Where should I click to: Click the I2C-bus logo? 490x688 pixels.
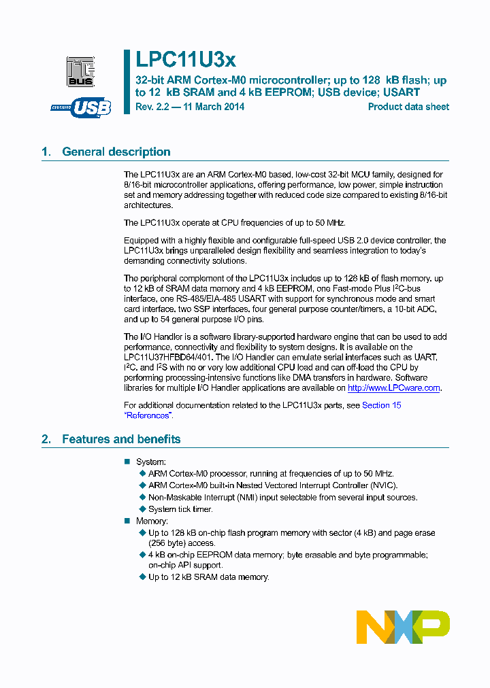pos(80,70)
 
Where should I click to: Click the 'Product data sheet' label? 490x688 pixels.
pos(408,107)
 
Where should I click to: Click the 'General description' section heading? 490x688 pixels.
pos(116,152)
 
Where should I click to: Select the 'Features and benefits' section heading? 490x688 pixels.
pos(121,439)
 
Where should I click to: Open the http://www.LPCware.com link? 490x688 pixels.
pos(394,388)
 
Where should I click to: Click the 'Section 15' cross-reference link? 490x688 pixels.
pos(381,405)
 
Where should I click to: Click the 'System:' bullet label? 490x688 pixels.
pos(151,462)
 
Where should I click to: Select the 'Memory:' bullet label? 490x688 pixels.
pos(152,521)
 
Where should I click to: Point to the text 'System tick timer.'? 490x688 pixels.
pos(180,509)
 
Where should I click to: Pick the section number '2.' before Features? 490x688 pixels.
pos(46,439)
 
